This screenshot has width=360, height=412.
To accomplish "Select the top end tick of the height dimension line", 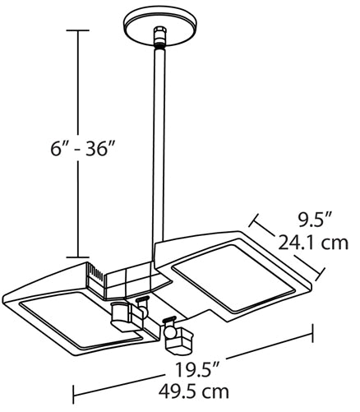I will point(77,30).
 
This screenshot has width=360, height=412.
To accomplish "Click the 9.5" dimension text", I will point(314,220).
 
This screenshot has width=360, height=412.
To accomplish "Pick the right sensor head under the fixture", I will point(176,336).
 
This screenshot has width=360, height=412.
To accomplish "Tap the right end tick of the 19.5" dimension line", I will point(314,333).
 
